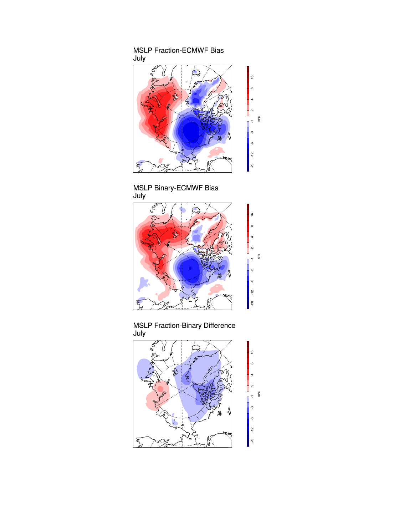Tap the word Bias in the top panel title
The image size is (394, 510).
217,50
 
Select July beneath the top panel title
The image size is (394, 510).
139,58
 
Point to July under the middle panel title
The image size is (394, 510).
139,196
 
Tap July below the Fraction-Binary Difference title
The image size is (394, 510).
139,333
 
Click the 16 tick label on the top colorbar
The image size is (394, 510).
252,77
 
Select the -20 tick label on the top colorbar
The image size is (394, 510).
252,166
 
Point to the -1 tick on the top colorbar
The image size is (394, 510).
252,121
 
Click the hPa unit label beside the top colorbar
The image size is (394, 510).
259,119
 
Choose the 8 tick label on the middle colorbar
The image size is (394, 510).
252,226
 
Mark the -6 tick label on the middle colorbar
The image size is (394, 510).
252,281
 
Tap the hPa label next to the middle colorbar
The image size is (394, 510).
259,256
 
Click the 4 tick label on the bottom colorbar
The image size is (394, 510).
252,374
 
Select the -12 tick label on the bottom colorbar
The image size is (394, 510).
252,429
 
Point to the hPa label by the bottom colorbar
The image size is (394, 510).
259,394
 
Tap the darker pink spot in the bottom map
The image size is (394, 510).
160,388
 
